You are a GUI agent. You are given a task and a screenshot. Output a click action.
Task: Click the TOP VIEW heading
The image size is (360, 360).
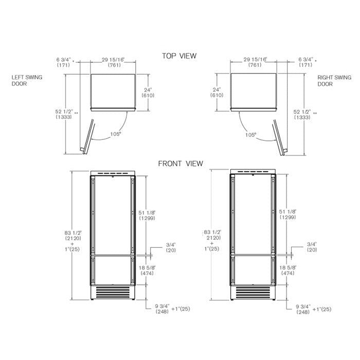179,56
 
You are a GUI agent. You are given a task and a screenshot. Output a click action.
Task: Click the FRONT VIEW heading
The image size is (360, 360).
180,164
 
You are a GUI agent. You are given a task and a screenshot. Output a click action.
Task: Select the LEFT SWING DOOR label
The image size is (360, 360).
27,80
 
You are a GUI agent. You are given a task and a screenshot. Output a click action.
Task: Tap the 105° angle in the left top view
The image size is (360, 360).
115,134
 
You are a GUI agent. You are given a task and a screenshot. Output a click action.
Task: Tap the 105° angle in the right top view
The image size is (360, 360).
250,134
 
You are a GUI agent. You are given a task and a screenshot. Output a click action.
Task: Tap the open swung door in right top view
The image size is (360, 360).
278,136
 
